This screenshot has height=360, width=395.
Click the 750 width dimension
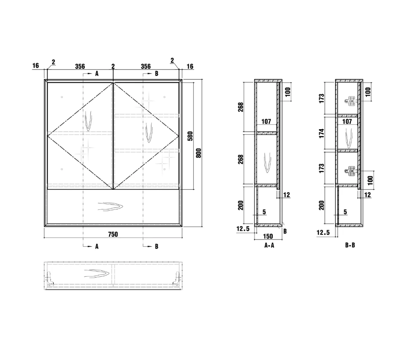click(x=113, y=234)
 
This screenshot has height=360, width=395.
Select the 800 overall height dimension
click(x=199, y=153)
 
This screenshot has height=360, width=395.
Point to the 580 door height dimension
click(x=190, y=136)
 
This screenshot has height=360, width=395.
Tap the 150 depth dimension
click(x=268, y=236)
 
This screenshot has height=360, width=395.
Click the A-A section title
click(x=269, y=245)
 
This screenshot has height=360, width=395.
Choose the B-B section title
click(x=350, y=245)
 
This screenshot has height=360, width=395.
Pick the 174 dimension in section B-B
click(x=322, y=133)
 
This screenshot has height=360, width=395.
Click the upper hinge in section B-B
click(x=350, y=101)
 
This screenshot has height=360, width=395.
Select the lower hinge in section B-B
click(x=350, y=171)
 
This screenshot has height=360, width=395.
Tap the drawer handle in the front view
click(x=110, y=207)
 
